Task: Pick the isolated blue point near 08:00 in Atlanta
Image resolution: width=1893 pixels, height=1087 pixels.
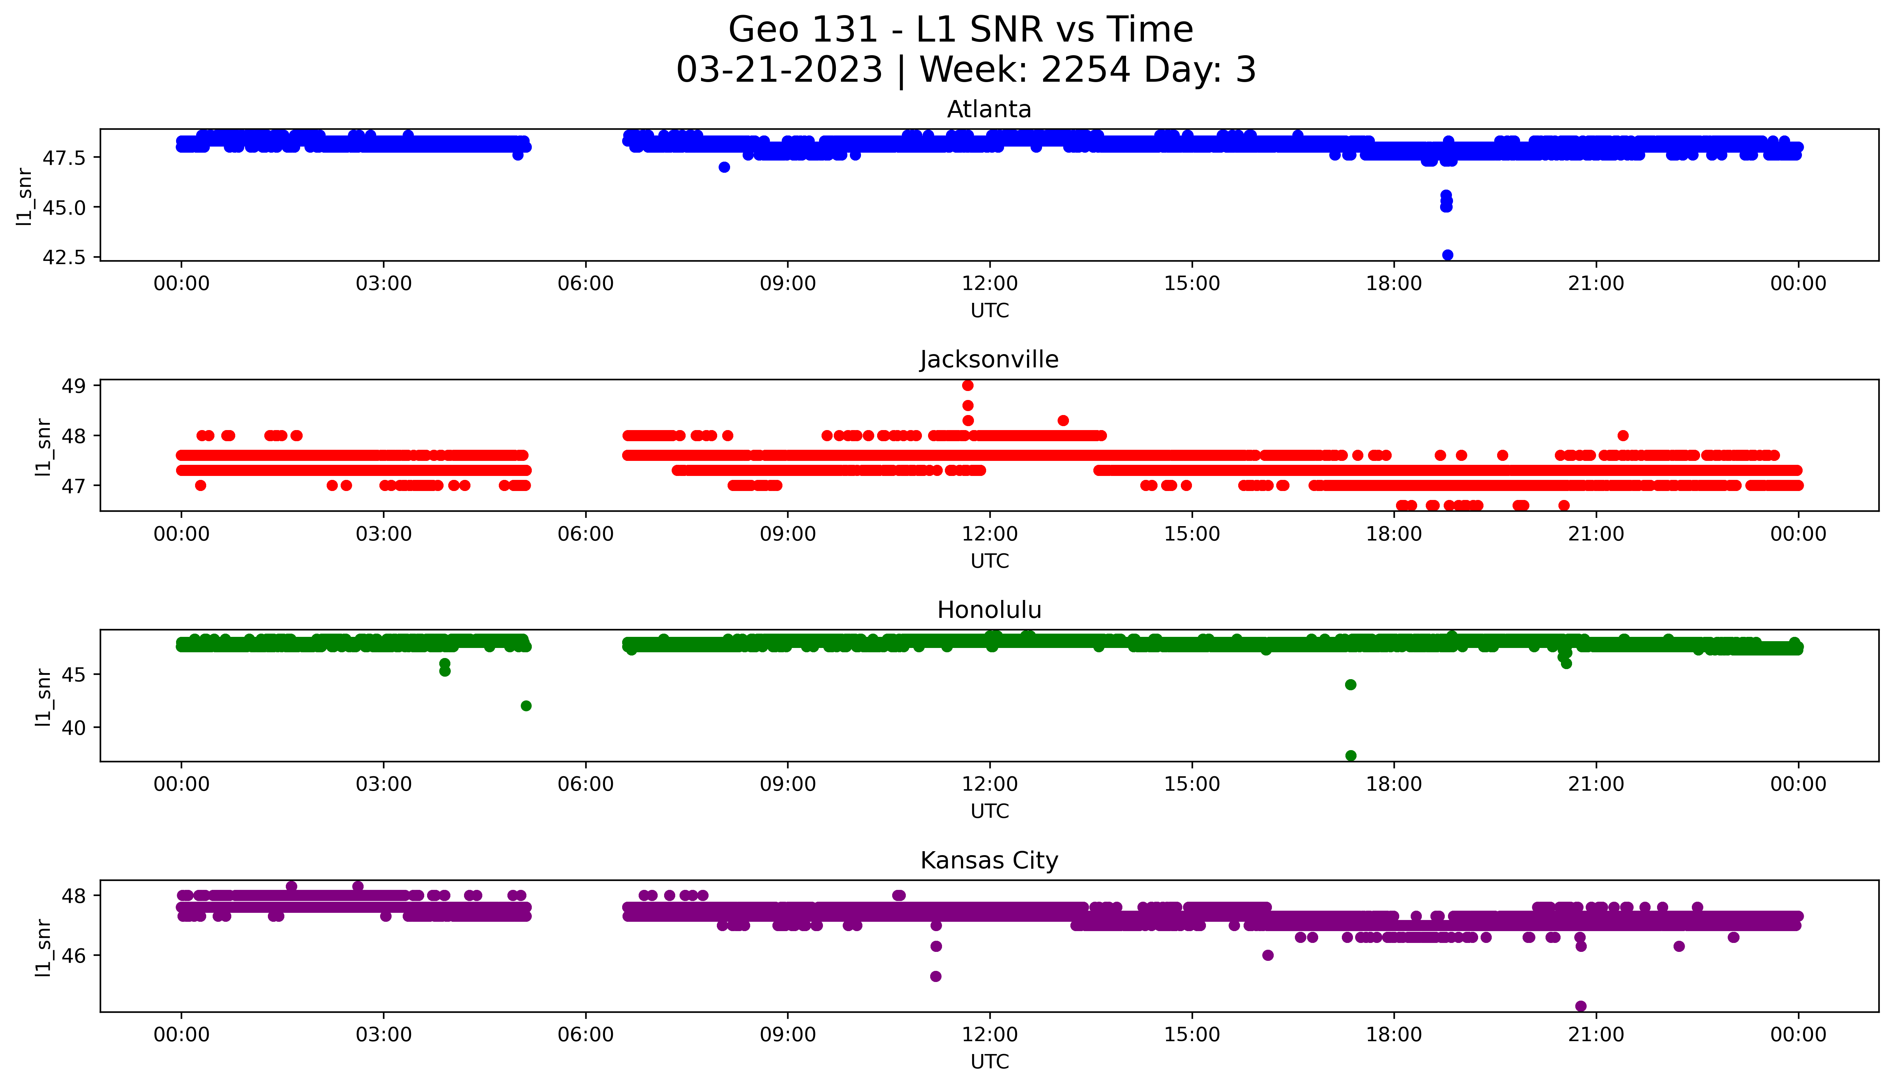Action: pos(724,167)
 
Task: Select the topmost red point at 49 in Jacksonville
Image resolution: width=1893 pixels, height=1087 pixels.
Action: pos(968,385)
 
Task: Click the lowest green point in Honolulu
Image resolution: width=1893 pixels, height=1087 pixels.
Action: pos(1350,755)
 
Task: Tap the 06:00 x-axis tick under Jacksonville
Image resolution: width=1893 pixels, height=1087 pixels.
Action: pos(586,534)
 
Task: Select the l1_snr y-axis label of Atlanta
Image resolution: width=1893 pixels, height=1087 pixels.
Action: pos(25,196)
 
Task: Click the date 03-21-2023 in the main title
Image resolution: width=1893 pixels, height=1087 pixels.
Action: pos(779,70)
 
